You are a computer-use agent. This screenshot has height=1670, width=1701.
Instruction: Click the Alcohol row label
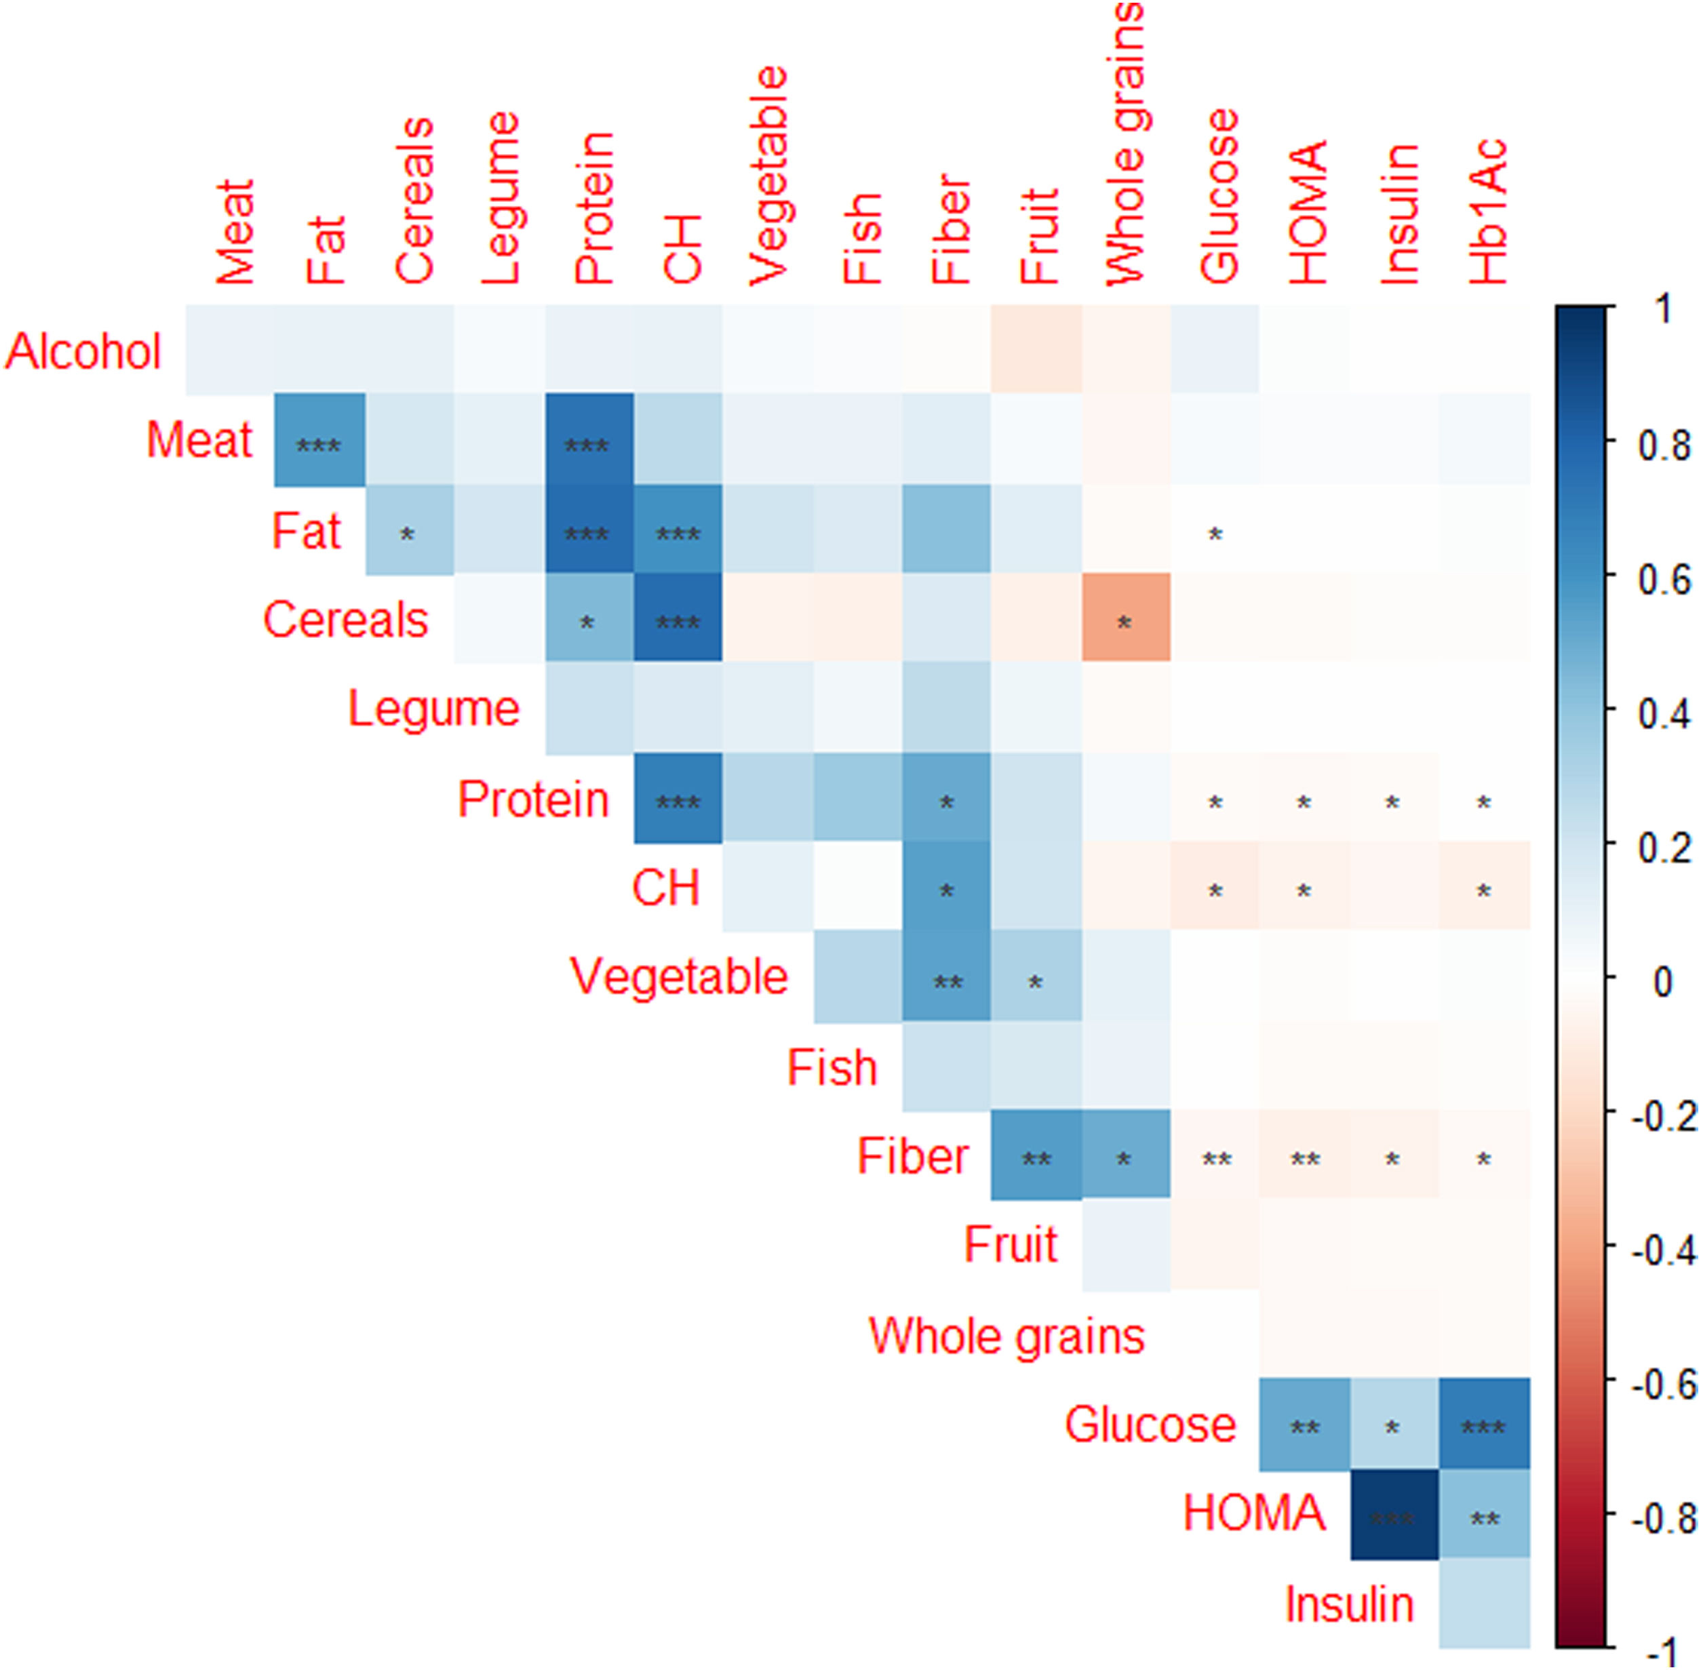point(83,352)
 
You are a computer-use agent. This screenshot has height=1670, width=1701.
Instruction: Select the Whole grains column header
point(1125,144)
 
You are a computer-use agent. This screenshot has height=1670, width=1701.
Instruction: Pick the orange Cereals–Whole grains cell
point(1125,618)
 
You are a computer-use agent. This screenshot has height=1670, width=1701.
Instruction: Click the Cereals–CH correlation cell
point(678,618)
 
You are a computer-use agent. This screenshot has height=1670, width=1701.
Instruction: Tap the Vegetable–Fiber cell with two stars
point(947,976)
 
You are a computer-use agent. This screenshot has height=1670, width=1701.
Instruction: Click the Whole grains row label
point(1006,1336)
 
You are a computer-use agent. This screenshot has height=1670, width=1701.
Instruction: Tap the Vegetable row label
point(678,976)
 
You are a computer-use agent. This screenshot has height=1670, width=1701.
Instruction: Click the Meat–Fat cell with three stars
point(319,439)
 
